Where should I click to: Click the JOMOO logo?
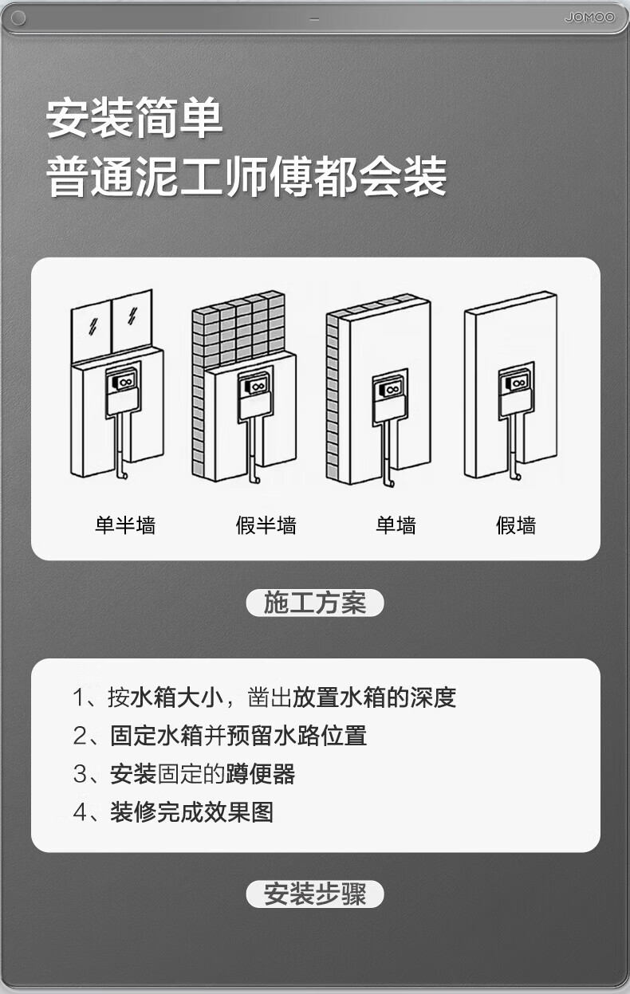click(589, 18)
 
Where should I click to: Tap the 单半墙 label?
click(125, 525)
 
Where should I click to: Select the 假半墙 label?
click(266, 525)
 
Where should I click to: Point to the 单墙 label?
click(396, 525)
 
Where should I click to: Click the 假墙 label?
click(516, 525)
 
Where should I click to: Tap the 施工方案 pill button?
click(315, 603)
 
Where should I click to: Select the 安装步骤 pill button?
click(315, 894)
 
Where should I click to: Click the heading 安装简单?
click(135, 118)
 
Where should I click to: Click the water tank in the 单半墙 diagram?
click(123, 391)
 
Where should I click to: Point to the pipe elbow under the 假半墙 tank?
click(255, 478)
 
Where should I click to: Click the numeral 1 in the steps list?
click(79, 697)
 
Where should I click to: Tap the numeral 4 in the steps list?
click(80, 811)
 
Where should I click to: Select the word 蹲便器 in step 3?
click(260, 773)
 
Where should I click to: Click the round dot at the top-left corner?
click(18, 18)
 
